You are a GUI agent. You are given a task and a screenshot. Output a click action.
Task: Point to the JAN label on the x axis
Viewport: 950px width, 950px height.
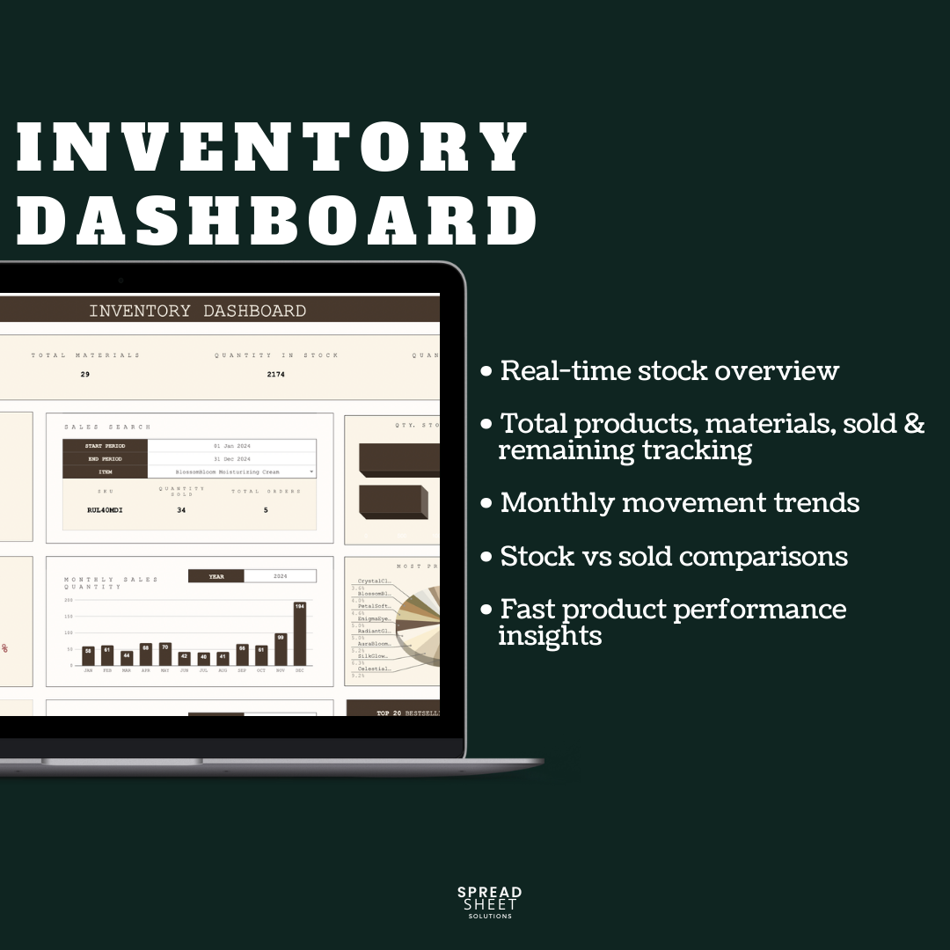[x=88, y=670]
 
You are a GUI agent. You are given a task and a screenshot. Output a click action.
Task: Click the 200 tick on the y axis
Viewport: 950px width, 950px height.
[x=68, y=601]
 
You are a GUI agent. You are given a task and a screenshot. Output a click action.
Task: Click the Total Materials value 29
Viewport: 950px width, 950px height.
[x=85, y=375]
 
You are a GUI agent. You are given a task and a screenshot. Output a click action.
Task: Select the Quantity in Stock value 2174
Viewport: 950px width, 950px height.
[x=276, y=375]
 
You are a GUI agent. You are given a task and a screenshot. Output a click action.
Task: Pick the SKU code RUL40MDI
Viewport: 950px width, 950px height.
[x=105, y=509]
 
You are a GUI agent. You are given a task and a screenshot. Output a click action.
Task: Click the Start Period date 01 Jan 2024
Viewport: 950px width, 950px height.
[x=231, y=446]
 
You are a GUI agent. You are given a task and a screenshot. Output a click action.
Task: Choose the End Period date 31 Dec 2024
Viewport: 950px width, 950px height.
[x=231, y=459]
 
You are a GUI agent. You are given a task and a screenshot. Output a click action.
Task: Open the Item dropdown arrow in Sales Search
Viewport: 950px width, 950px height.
[x=311, y=472]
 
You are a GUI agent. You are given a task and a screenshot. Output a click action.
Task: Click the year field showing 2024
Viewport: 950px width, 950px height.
[x=280, y=576]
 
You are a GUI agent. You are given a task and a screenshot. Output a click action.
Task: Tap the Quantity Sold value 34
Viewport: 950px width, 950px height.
[x=181, y=509]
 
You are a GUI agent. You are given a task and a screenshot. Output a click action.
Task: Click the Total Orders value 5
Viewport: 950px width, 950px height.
[x=266, y=509]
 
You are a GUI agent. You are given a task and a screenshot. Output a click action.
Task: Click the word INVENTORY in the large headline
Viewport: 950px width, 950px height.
[x=273, y=147]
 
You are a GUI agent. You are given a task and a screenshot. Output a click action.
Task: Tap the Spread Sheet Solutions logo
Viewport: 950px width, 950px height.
[x=489, y=902]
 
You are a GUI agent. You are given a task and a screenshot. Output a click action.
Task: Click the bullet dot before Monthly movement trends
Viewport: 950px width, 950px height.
[x=486, y=504]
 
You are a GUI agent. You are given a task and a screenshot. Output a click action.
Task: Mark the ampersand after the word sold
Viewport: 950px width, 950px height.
[x=914, y=424]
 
